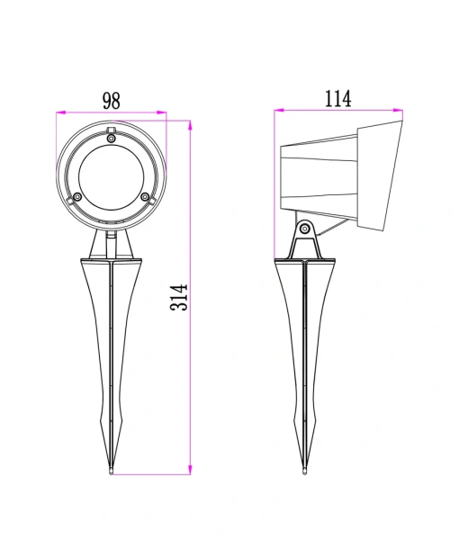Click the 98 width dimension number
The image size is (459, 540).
[111, 100]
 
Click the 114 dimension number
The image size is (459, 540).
[337, 99]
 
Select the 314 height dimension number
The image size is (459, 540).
[180, 296]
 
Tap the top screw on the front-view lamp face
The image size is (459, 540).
[111, 139]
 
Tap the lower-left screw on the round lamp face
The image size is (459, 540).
[78, 195]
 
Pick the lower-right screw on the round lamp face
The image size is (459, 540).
[144, 195]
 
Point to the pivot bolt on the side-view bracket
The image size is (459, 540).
[306, 229]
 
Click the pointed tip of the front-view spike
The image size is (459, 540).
[111, 471]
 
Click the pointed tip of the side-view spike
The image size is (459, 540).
[306, 471]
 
